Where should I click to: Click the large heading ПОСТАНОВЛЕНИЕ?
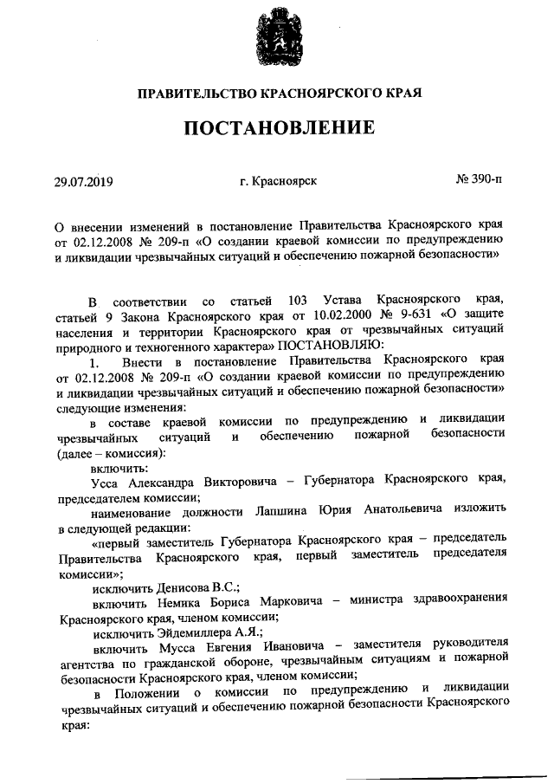(277, 128)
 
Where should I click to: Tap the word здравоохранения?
(458, 604)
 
